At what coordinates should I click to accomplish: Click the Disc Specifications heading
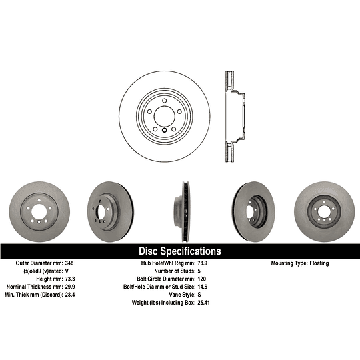[179, 251]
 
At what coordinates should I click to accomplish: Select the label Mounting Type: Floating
[299, 263]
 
